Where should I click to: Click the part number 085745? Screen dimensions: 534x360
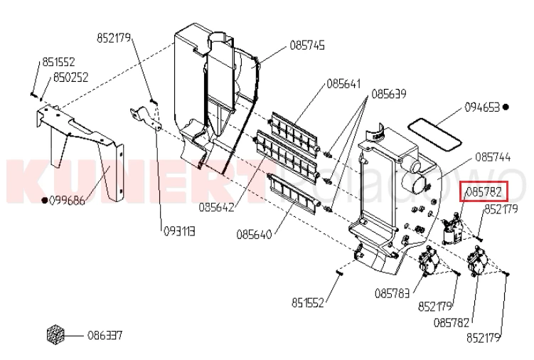point(307,46)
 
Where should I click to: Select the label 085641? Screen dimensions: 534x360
point(343,83)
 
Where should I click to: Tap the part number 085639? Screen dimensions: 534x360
point(388,94)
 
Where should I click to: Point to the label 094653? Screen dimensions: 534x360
point(482,107)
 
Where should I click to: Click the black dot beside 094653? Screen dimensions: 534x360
point(506,107)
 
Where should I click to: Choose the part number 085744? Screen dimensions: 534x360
point(493,157)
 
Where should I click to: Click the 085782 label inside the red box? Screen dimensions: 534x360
point(484,192)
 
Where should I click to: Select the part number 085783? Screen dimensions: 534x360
point(392,293)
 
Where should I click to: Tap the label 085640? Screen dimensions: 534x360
point(254,235)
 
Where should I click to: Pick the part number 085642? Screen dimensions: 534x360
point(217,207)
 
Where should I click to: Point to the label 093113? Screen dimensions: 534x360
point(179,232)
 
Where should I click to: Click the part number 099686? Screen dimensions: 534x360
point(67,200)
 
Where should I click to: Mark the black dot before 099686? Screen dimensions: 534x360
point(44,200)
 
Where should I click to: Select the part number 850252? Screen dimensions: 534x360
point(71,78)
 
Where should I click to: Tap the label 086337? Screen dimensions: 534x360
point(105,336)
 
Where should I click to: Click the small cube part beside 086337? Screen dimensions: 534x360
point(55,334)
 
